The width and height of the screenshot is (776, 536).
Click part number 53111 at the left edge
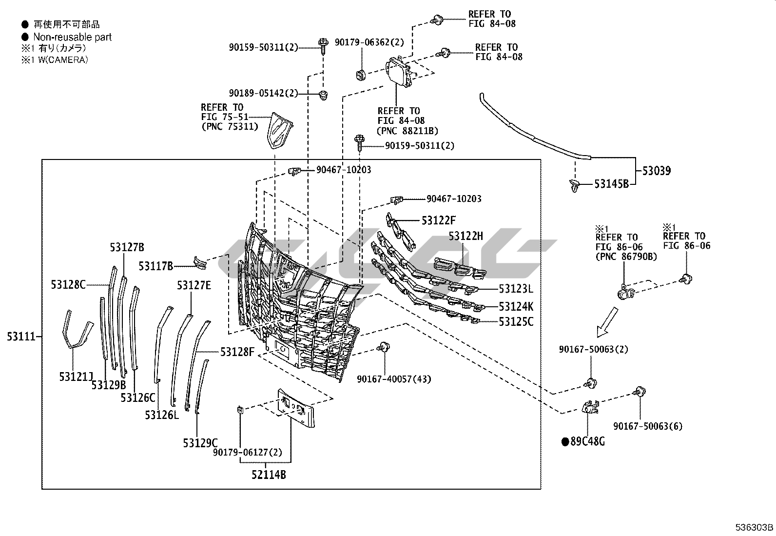[x=21, y=337]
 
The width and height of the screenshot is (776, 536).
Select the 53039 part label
[x=656, y=171]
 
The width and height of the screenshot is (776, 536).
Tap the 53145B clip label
[x=611, y=184]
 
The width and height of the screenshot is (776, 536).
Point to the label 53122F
[x=439, y=220]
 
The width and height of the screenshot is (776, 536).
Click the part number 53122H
[x=466, y=237]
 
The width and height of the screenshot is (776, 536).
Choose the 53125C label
[x=516, y=322]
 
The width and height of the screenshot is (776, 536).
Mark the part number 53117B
[x=155, y=266]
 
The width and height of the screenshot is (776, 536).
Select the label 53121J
[x=76, y=377]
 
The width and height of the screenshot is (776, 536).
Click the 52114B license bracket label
[x=269, y=474]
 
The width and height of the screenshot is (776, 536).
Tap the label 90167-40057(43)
[x=394, y=379]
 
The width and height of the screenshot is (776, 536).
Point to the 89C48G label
[x=587, y=442]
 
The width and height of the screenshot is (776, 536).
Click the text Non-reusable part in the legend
[x=72, y=37]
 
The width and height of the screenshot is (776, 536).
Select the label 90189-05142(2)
[x=263, y=93]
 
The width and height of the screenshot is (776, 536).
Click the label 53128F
[x=237, y=352]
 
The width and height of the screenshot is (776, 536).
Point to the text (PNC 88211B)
[x=407, y=131]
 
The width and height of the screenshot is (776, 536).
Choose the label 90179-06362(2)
[x=369, y=42]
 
